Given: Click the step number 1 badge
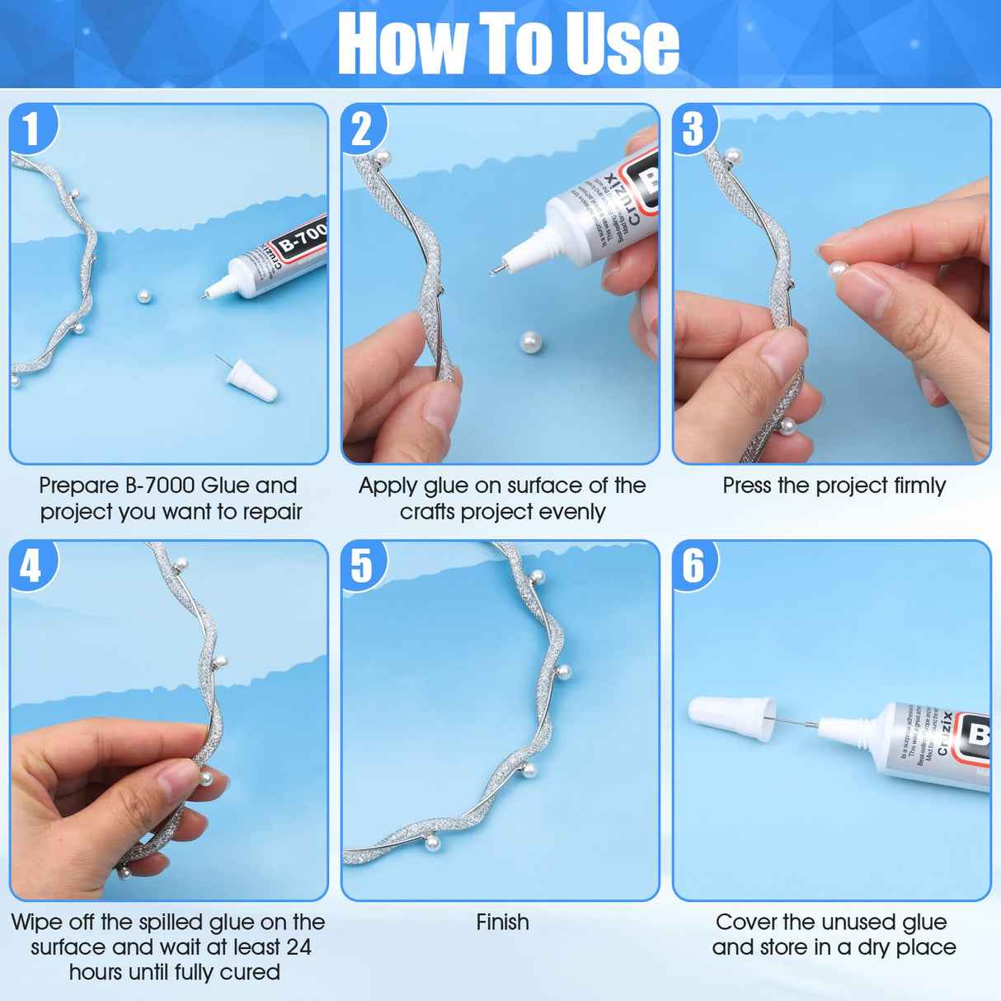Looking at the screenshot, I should pyautogui.click(x=31, y=129).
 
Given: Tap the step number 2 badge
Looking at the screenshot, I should pyautogui.click(x=363, y=129).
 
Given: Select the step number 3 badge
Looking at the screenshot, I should pyautogui.click(x=694, y=129).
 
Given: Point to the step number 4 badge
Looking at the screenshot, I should pyautogui.click(x=31, y=566).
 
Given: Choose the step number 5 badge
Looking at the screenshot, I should pyautogui.click(x=363, y=566).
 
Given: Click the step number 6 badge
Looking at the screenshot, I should pyautogui.click(x=694, y=566).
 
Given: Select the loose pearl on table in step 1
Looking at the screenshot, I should pyautogui.click(x=144, y=296).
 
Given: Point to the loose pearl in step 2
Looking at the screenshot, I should pyautogui.click(x=531, y=341).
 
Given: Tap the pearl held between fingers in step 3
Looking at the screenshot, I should pyautogui.click(x=839, y=270).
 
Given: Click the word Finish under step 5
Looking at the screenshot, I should pyautogui.click(x=502, y=922).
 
